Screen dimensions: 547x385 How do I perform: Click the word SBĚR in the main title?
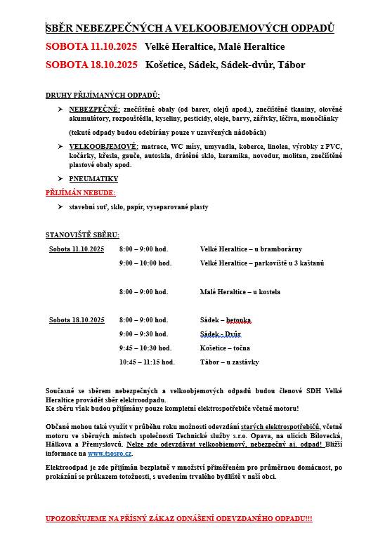point(60,28)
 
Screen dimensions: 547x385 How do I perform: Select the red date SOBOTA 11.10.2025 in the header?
point(91,46)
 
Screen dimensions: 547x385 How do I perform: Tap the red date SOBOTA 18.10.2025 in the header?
point(91,65)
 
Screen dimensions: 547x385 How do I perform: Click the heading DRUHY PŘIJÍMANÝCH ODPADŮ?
point(103,95)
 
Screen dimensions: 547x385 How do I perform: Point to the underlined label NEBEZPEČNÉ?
point(95,110)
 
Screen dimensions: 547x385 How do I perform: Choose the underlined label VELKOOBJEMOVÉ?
point(103,146)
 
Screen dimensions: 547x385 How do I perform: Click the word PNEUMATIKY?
point(93,179)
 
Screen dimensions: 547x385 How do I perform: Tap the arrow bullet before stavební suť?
point(60,207)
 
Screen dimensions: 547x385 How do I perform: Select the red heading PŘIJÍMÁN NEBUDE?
point(81,192)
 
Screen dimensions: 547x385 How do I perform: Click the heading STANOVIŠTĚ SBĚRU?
point(82,235)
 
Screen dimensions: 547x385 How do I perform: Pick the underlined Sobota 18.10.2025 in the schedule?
point(77,320)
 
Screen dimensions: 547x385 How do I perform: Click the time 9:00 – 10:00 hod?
point(145,263)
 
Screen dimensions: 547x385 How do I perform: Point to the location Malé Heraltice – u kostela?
point(240,291)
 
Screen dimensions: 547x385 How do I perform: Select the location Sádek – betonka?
point(225,320)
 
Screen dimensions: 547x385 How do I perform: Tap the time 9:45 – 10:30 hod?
point(145,348)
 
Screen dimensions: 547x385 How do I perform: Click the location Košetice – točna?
point(225,348)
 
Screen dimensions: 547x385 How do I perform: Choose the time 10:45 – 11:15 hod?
point(147,362)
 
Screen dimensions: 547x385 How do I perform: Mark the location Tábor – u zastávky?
point(229,362)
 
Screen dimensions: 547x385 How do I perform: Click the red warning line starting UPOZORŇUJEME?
point(179,518)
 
